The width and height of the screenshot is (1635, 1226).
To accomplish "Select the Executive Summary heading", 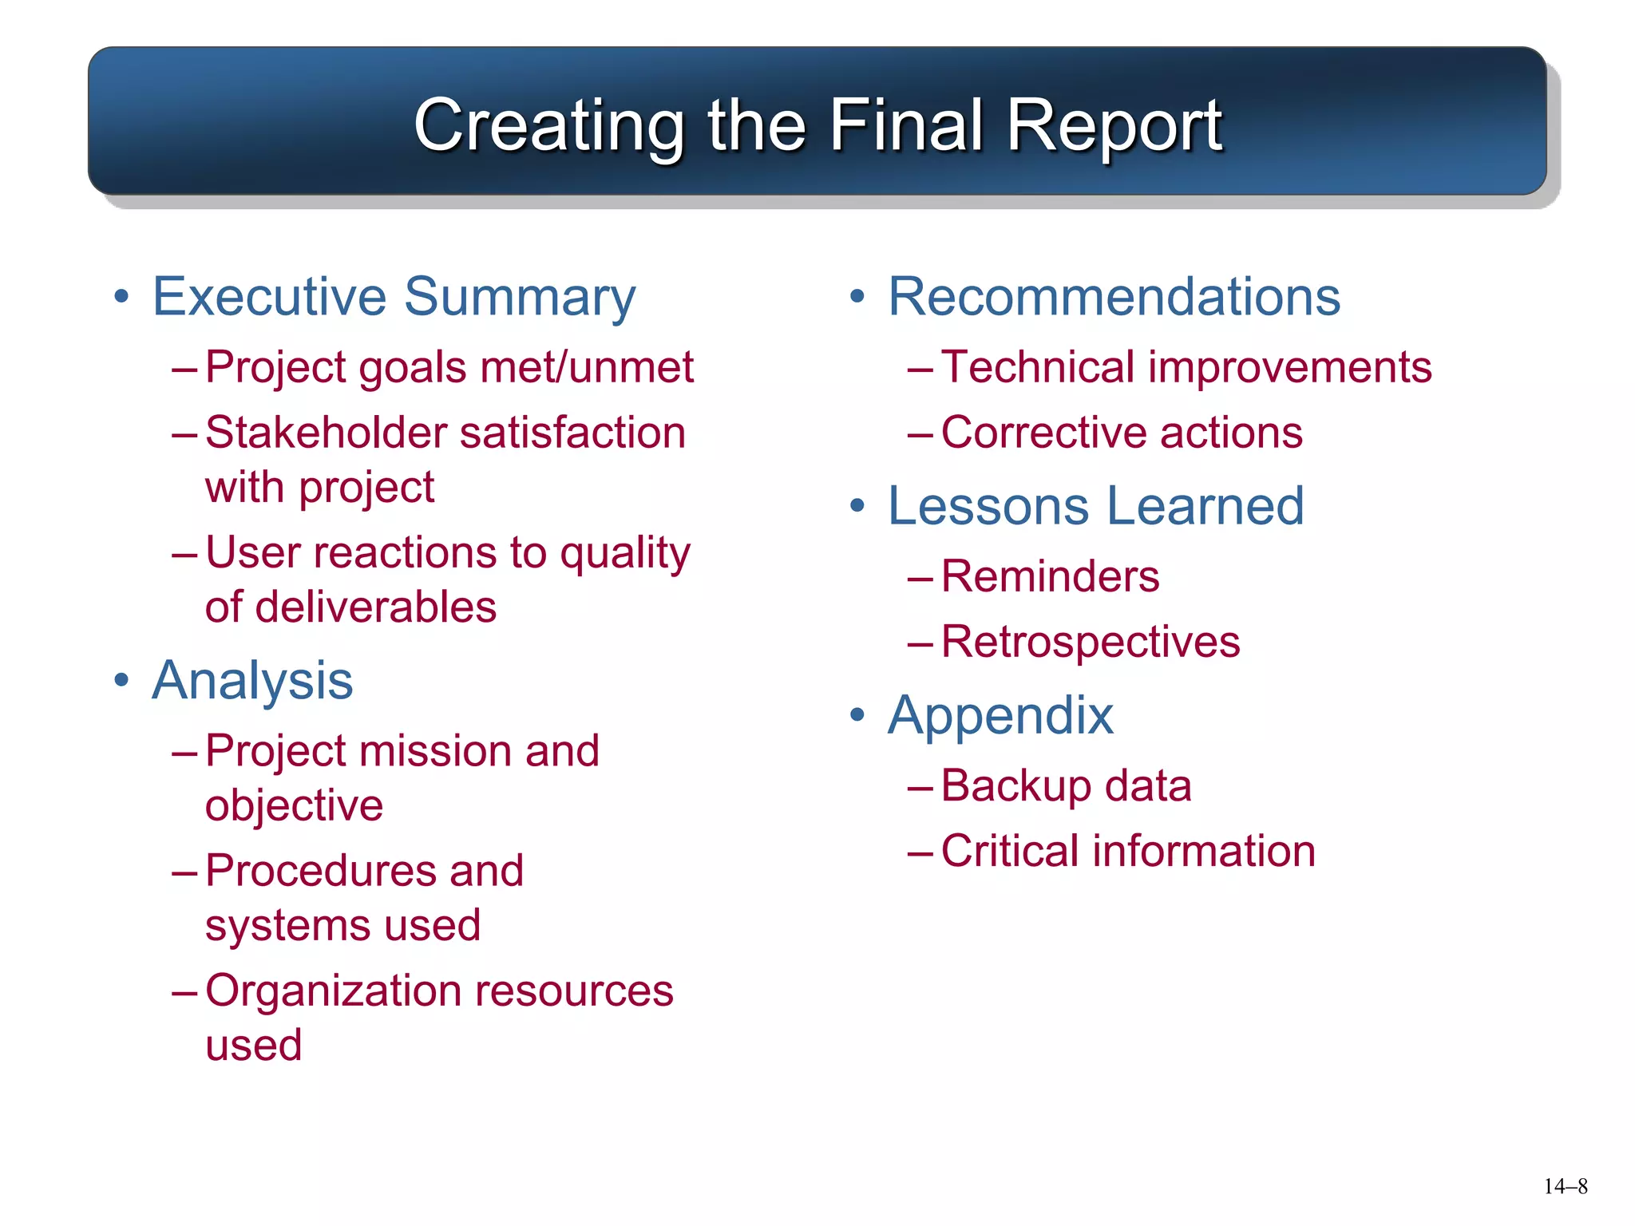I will click(394, 297).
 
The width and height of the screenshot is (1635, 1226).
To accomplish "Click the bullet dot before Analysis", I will click(121, 681).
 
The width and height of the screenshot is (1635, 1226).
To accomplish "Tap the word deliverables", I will click(375, 607).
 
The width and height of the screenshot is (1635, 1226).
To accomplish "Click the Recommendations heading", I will click(1114, 297).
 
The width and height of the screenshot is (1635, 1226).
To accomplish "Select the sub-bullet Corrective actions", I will click(1121, 433).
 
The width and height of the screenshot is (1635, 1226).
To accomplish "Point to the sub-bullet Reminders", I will click(1050, 577).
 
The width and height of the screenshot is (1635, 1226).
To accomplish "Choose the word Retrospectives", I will click(1090, 643).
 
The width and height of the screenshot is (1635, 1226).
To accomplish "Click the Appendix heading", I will click(1000, 716).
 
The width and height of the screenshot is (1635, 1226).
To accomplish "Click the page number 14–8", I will click(1565, 1187).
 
